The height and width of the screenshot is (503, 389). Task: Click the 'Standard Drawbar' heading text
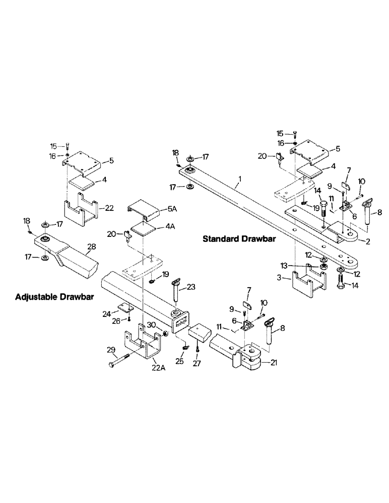239,239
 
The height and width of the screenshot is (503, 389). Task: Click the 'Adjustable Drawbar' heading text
55,297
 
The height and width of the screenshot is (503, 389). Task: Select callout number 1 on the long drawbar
240,179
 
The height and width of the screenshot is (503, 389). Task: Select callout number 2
368,242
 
